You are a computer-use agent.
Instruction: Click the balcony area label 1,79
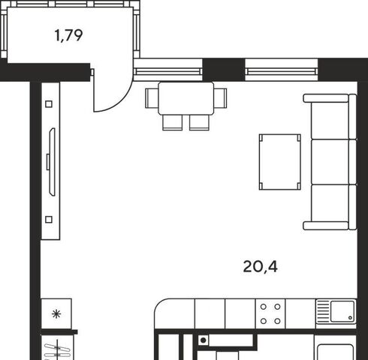[x=68, y=35]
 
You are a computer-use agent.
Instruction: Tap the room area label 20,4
[x=261, y=266]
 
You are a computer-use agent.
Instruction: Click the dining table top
[x=186, y=98]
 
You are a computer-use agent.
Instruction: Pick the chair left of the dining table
[x=152, y=98]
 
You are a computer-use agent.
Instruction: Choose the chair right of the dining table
[x=220, y=98]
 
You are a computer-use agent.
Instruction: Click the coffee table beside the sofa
[x=280, y=162]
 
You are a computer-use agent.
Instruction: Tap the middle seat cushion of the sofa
[x=330, y=162]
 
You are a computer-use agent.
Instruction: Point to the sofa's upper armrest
[x=326, y=98]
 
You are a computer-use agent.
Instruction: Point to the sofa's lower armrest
[x=326, y=226]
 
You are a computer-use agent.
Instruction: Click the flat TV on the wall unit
[x=52, y=162]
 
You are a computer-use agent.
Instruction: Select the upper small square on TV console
[x=49, y=104]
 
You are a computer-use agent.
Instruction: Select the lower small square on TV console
[x=49, y=220]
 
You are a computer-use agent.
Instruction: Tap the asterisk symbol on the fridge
[x=56, y=314]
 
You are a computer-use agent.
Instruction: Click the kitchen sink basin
[x=342, y=311]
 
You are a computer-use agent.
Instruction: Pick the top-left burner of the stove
[x=264, y=307]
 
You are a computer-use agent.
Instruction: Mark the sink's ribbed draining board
[x=323, y=311]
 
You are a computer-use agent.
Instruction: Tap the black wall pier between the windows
[x=224, y=70]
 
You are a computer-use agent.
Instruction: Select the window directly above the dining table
[x=168, y=70]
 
